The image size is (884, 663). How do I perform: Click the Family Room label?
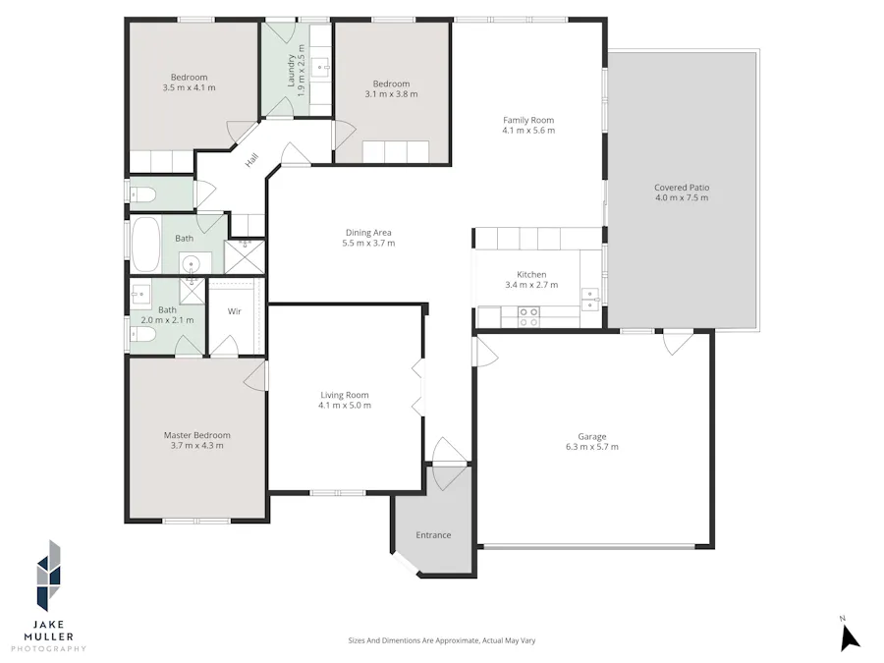coord(528,120)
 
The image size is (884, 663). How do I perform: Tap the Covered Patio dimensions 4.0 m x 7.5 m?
coord(682,197)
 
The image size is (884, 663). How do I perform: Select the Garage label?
coord(592,436)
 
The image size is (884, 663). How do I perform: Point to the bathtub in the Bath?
coord(145,245)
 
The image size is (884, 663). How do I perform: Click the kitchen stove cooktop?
coord(528,317)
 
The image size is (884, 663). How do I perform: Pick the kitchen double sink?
coord(589,300)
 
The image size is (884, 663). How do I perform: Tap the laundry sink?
coord(323,69)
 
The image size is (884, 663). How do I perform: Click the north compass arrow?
coord(850,637)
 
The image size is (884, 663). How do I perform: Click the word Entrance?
coord(433,535)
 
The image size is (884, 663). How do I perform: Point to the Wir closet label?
coord(235,311)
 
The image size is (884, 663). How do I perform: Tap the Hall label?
coord(251,160)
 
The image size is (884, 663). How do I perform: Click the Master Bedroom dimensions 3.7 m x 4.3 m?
coord(196,445)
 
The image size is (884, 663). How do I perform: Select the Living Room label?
coord(345,395)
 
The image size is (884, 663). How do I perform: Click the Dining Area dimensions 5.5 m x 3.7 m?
coord(368,243)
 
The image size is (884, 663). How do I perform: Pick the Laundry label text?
coord(292,71)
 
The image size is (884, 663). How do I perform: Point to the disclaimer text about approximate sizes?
coord(442,640)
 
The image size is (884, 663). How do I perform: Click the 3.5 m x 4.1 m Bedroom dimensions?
coord(189,87)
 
